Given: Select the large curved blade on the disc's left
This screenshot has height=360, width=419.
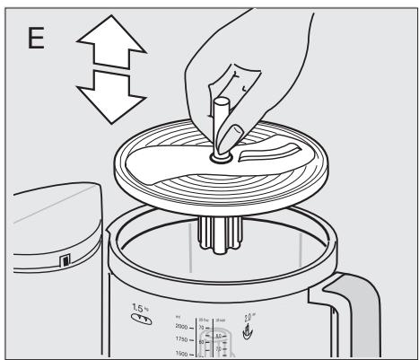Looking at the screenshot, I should click(170, 165).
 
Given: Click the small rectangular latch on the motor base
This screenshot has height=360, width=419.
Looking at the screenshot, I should click(64, 261).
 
